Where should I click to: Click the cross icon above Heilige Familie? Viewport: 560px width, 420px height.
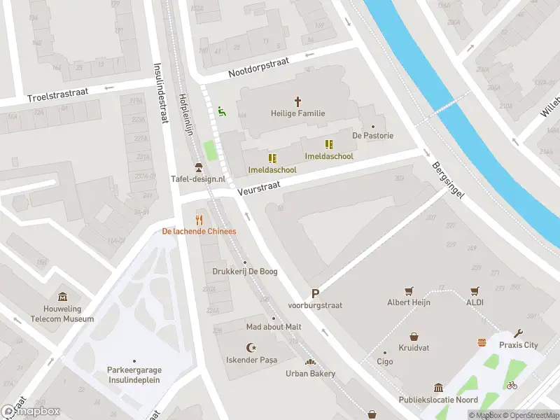point(297,101)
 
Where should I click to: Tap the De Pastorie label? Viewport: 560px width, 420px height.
point(372,136)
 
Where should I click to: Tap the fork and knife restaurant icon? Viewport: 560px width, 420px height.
point(199,220)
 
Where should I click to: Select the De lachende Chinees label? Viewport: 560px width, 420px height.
point(199,231)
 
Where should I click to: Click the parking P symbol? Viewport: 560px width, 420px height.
point(315,295)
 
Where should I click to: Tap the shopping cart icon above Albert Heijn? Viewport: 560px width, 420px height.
point(409,291)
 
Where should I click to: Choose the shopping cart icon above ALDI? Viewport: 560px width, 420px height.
point(475,291)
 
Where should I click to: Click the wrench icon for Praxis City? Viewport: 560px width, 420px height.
point(518,334)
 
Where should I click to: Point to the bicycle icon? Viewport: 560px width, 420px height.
point(512,385)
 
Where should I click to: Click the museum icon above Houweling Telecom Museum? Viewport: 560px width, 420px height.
point(63,297)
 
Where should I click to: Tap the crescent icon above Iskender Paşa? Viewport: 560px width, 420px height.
point(251,348)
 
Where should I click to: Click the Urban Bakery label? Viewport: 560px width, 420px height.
point(310,374)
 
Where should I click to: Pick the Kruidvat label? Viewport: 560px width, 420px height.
point(414,348)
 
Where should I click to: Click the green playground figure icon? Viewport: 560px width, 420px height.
point(222,111)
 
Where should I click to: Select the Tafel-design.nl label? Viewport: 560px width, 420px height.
point(198,178)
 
